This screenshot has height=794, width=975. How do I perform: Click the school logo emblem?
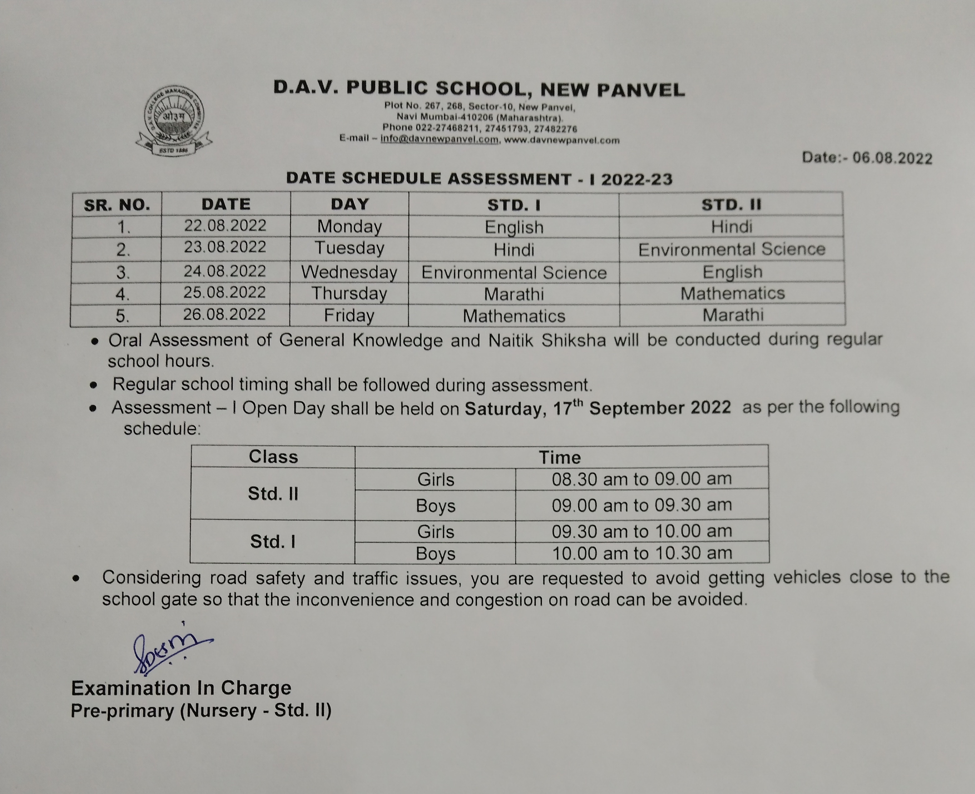[x=174, y=120]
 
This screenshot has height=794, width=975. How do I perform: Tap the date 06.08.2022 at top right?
[x=892, y=158]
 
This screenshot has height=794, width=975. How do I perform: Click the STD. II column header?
[x=731, y=204]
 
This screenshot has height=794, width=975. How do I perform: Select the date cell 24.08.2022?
[x=225, y=271]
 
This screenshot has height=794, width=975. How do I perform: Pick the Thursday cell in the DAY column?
[x=349, y=293]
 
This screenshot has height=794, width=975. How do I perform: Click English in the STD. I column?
[x=514, y=227]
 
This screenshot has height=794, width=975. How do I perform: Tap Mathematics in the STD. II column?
[x=733, y=293]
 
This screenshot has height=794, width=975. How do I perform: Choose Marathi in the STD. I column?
[x=514, y=294]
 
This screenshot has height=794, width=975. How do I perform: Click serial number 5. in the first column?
[x=122, y=316]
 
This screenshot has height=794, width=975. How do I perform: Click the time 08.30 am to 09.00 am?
[x=641, y=479]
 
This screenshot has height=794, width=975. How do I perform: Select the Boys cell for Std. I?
[x=435, y=554]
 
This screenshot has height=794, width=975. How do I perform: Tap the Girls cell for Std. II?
[x=435, y=480]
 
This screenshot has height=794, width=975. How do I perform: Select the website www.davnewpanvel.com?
[x=562, y=140]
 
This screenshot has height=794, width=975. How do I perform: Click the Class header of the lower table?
[x=273, y=457]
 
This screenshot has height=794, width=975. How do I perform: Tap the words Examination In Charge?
[x=181, y=688]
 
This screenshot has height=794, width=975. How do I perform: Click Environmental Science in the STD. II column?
[x=732, y=249]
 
